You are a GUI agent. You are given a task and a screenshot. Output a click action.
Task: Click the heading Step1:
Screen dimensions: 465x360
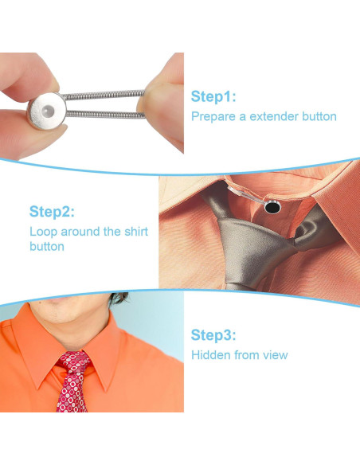(x=213, y=96)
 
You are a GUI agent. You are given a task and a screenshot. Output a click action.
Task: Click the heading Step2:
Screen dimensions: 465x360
(x=52, y=212)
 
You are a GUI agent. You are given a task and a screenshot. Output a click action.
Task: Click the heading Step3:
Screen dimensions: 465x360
(x=213, y=334)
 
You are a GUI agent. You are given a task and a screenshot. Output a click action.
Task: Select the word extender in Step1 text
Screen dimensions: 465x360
(x=275, y=116)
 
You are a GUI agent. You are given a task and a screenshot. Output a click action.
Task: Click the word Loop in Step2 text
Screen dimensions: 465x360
(x=43, y=232)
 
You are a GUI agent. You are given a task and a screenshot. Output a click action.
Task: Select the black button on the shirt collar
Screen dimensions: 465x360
(x=272, y=209)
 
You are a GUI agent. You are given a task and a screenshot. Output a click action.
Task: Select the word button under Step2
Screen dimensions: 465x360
(x=47, y=247)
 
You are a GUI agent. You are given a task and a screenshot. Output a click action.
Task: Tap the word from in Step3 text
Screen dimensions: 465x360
(x=246, y=354)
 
